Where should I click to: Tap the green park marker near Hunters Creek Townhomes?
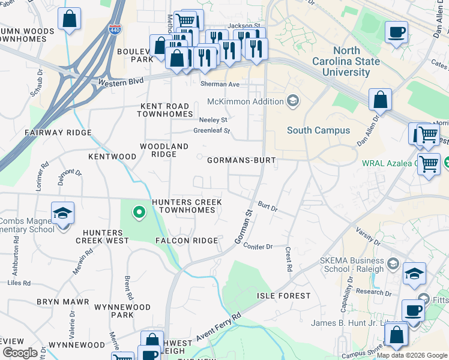click(139, 212)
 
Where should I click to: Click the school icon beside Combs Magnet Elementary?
click(62, 214)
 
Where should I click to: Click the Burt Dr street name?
click(268, 206)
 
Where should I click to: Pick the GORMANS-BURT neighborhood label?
click(241, 161)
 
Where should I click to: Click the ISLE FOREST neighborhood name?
click(284, 296)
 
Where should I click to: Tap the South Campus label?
click(318, 130)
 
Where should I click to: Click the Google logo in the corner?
click(19, 352)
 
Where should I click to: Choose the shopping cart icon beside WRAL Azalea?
click(429, 163)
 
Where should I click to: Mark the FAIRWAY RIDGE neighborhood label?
click(58, 132)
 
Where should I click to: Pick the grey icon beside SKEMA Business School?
click(393, 263)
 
